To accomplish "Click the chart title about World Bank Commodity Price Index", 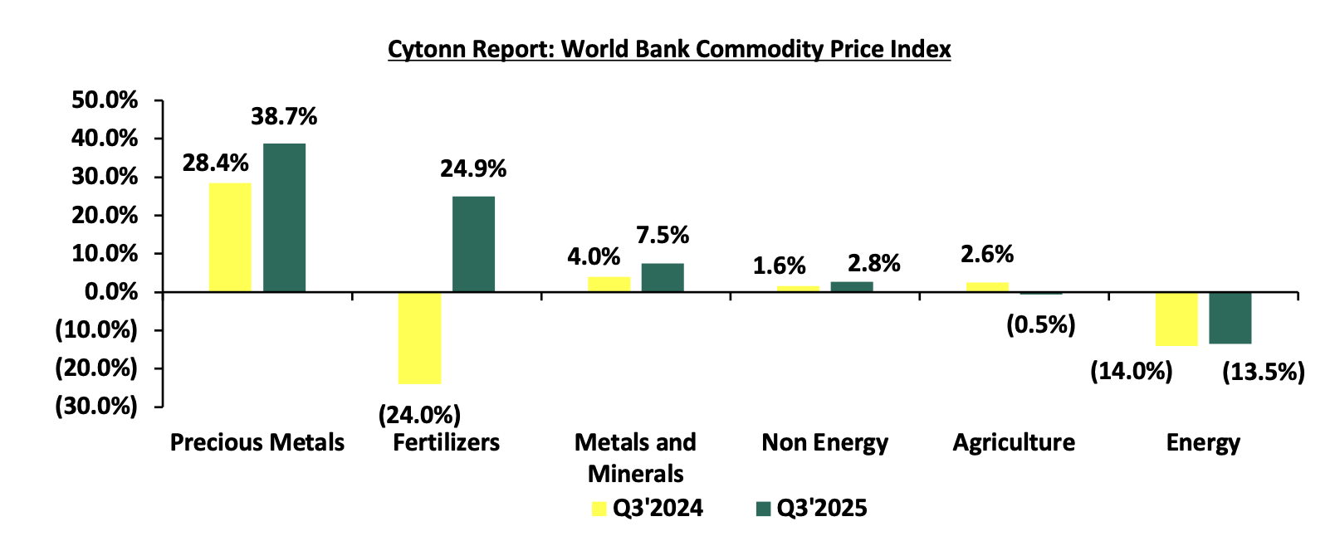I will pyautogui.click(x=669, y=50).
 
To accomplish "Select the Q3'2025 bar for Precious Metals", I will pyautogui.click(x=284, y=217).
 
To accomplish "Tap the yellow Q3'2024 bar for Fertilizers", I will pyautogui.click(x=419, y=338).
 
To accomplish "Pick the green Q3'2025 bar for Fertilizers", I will pyautogui.click(x=473, y=244).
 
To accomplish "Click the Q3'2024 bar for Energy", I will pyautogui.click(x=1176, y=319).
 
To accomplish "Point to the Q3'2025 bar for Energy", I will pyautogui.click(x=1230, y=318).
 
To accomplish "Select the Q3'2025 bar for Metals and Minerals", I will pyautogui.click(x=663, y=277).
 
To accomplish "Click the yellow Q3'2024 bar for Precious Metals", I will pyautogui.click(x=230, y=237).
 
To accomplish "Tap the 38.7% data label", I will pyautogui.click(x=284, y=117).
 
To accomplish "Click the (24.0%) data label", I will pyautogui.click(x=419, y=414).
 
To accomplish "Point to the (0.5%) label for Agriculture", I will pyautogui.click(x=1040, y=324).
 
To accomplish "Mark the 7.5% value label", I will pyautogui.click(x=663, y=236).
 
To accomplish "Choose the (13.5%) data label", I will pyautogui.click(x=1264, y=372).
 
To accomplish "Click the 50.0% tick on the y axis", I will pyautogui.click(x=105, y=100).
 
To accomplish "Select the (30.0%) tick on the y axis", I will pyautogui.click(x=96, y=407).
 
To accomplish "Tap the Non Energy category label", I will pyautogui.click(x=824, y=443).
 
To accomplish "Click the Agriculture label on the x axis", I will pyautogui.click(x=1014, y=443).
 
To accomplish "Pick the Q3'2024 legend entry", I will pyautogui.click(x=648, y=508).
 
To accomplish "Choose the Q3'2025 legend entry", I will pyautogui.click(x=812, y=508).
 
